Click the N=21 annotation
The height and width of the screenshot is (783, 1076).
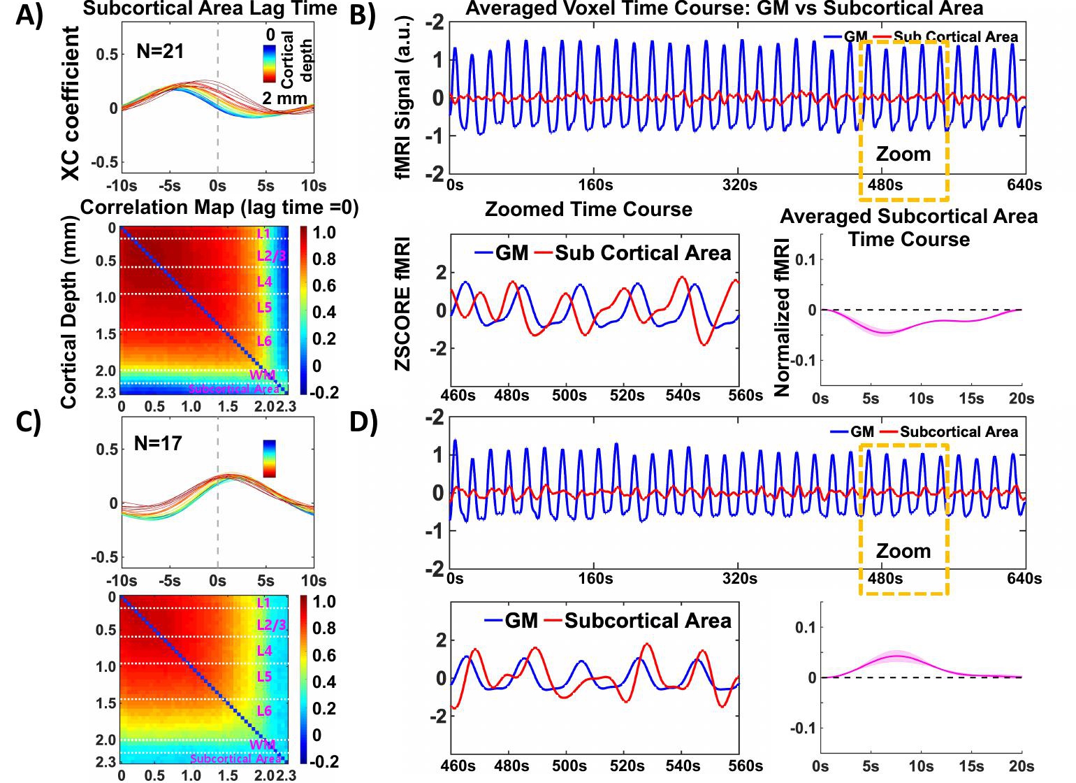(160, 51)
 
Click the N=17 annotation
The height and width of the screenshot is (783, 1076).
(158, 443)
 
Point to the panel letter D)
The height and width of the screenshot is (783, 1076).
(363, 422)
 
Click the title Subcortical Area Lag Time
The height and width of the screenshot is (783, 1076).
(210, 9)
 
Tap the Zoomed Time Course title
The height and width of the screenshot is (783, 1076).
(588, 209)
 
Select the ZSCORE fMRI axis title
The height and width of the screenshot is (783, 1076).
(403, 303)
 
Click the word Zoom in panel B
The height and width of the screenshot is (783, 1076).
(903, 154)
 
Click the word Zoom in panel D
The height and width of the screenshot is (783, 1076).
(903, 551)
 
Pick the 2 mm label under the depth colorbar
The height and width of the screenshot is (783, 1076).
(284, 99)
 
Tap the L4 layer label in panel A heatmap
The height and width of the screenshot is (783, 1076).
(264, 281)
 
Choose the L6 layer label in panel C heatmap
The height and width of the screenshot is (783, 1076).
(264, 711)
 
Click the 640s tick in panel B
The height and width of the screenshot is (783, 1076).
(1024, 185)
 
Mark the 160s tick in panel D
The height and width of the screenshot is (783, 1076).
(595, 579)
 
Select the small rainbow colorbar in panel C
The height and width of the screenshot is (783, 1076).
(269, 459)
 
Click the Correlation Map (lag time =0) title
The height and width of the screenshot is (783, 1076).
(219, 208)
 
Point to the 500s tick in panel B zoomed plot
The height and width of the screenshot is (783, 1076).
(569, 396)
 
